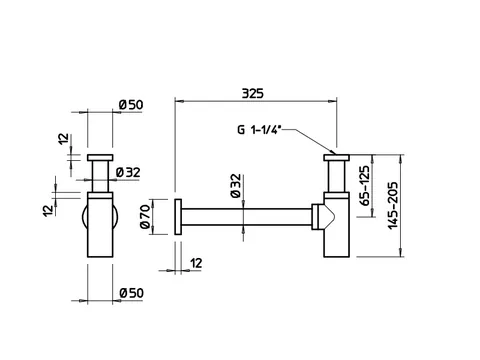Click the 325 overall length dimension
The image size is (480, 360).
point(252,93)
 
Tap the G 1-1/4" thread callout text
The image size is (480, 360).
point(259,129)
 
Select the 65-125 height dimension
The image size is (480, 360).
point(365,186)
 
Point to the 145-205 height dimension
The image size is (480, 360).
point(393,205)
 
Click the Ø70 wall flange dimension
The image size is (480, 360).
point(145,217)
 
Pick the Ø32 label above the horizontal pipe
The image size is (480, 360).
point(236,186)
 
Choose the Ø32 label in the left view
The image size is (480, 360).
point(128,173)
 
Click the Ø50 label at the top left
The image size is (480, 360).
point(131,105)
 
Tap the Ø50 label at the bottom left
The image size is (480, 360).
point(132,293)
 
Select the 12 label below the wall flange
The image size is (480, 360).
point(196,263)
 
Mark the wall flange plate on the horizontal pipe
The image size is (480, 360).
point(178,217)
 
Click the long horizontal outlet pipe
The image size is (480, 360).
point(247,217)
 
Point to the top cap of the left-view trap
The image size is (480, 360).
point(100,158)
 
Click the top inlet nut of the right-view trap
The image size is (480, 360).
point(336,158)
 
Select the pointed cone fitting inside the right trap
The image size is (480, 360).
point(327,217)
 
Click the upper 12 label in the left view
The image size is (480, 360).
point(63,139)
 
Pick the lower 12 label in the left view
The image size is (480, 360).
point(48,211)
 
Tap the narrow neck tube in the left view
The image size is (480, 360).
point(100,177)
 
